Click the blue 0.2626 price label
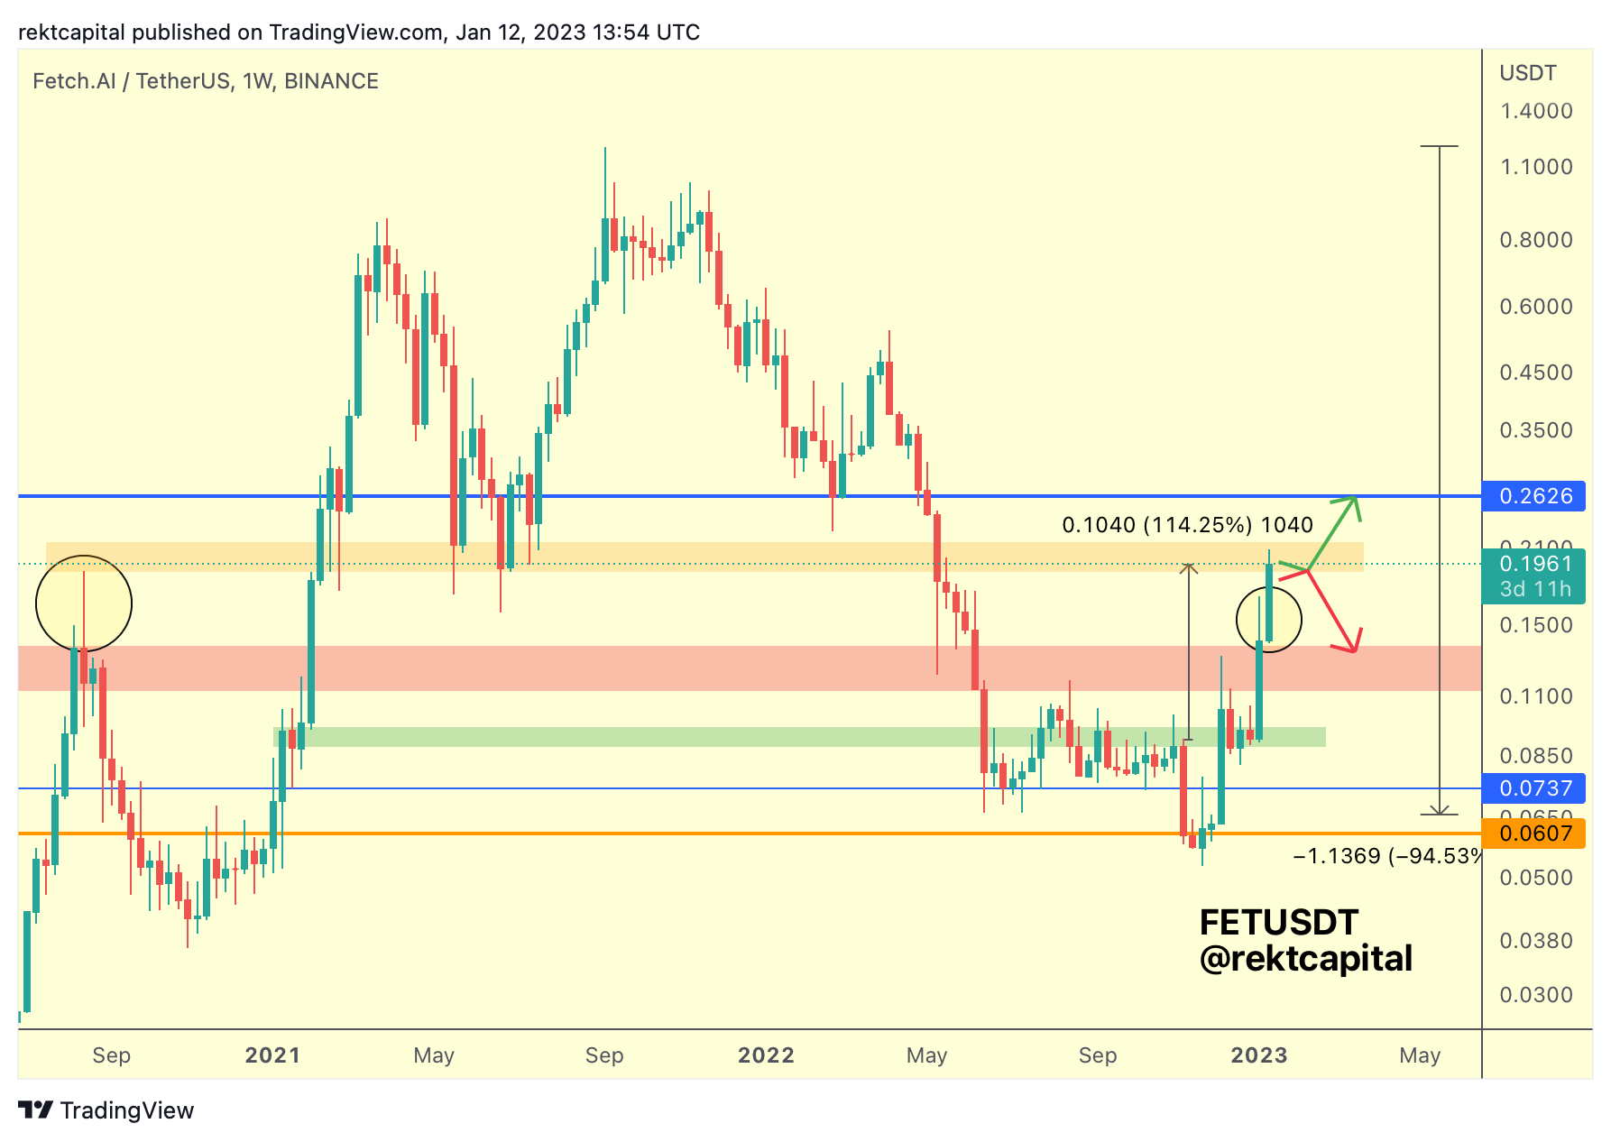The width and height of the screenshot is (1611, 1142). click(x=1534, y=496)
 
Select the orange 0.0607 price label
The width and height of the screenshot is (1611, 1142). click(x=1534, y=833)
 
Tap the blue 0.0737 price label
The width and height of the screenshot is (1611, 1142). click(x=1534, y=788)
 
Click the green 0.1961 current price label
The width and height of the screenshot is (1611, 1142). click(x=1534, y=565)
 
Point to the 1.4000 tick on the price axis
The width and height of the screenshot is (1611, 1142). click(x=1535, y=111)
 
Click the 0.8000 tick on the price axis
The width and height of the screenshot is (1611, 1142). click(x=1535, y=240)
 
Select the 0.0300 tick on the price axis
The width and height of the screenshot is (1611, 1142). click(x=1535, y=995)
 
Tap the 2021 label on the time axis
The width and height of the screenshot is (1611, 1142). click(x=272, y=1055)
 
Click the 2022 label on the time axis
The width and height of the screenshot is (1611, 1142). click(x=766, y=1055)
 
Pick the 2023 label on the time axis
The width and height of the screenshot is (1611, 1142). click(x=1259, y=1055)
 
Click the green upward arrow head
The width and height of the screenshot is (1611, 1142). click(x=1352, y=502)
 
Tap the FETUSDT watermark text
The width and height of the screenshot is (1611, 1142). click(x=1278, y=923)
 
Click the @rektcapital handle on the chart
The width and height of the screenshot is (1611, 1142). click(x=1305, y=959)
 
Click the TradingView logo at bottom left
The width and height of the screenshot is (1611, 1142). click(x=106, y=1110)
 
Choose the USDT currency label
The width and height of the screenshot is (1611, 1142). click(x=1527, y=73)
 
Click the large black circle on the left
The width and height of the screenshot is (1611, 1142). click(x=84, y=603)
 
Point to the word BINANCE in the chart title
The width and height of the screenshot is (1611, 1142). click(x=331, y=81)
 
